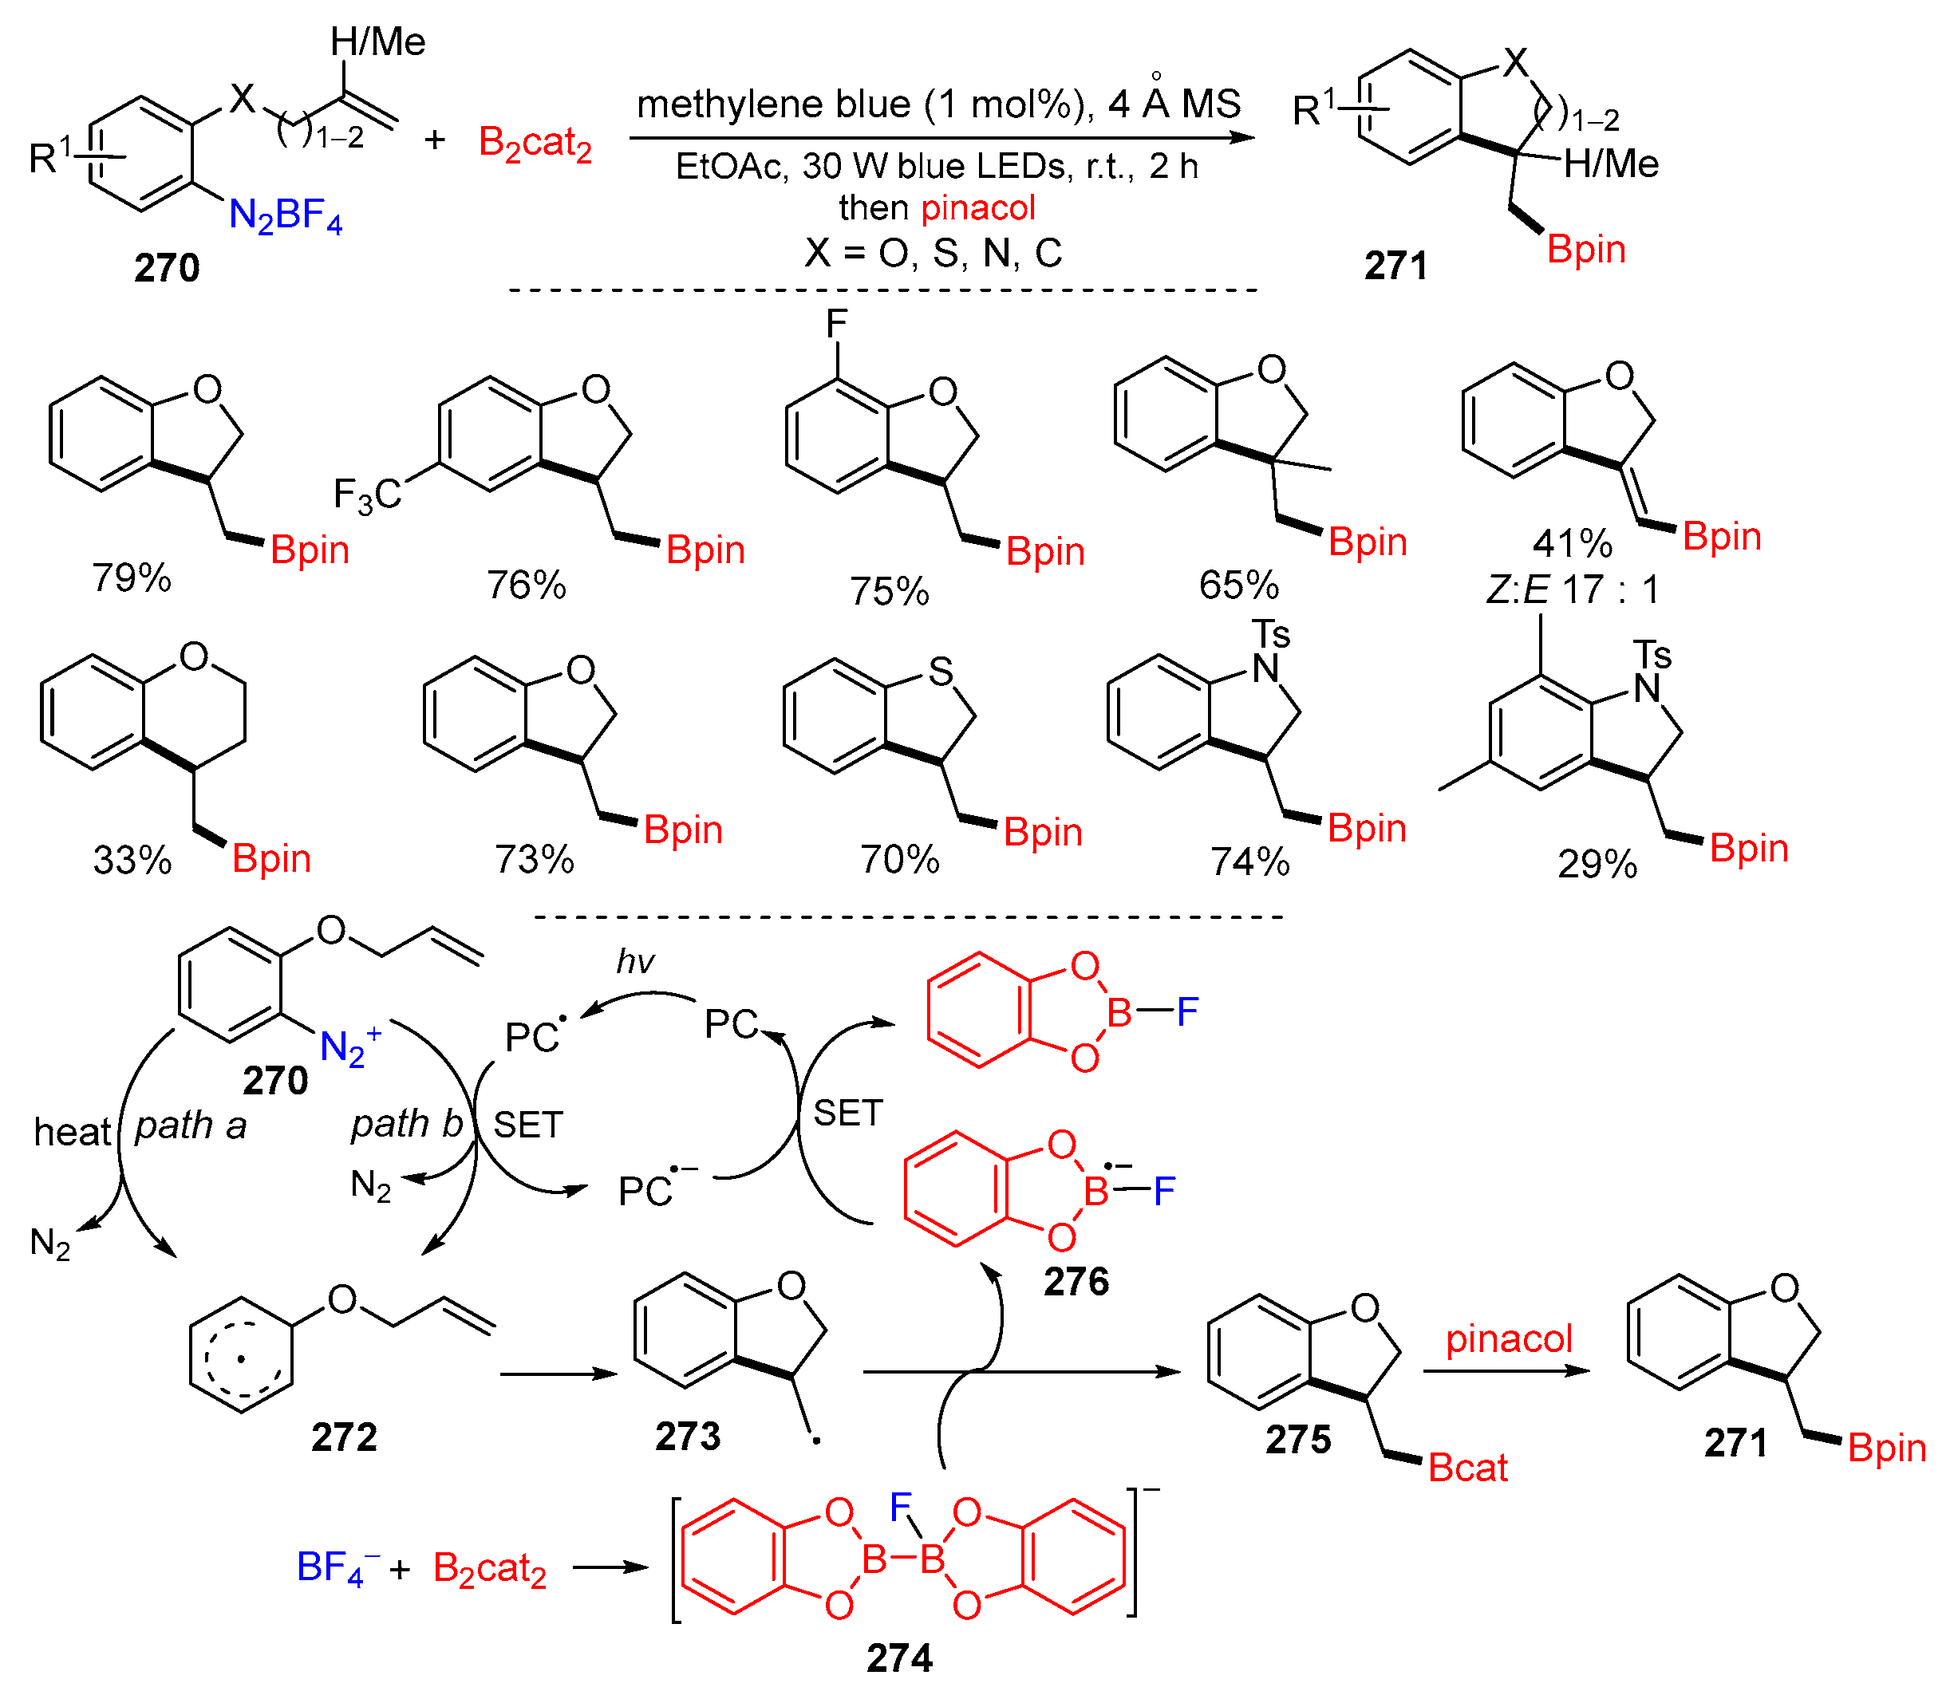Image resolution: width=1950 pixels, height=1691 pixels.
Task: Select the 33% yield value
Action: click(132, 860)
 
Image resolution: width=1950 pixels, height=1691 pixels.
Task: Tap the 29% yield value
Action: click(1597, 865)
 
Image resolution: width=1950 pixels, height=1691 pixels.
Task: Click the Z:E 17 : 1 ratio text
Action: click(1573, 589)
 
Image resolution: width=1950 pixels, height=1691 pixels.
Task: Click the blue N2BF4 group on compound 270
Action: click(285, 216)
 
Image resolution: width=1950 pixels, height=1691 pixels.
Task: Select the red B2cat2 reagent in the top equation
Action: click(535, 144)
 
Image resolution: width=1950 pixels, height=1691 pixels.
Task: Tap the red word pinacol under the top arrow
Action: click(979, 207)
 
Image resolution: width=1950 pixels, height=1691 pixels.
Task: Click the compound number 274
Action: click(899, 1658)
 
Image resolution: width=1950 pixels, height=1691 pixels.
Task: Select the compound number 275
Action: click(1298, 1439)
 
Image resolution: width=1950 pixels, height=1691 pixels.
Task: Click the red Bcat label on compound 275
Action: click(1468, 1468)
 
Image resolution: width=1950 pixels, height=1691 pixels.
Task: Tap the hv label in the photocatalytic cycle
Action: click(635, 962)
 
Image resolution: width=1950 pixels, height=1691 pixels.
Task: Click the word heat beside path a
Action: click(72, 1131)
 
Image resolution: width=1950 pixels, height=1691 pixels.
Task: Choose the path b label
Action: click(407, 1124)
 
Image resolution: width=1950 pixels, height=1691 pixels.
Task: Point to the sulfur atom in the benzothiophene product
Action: click(940, 672)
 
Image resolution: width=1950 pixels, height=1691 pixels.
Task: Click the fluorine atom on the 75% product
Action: click(836, 324)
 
